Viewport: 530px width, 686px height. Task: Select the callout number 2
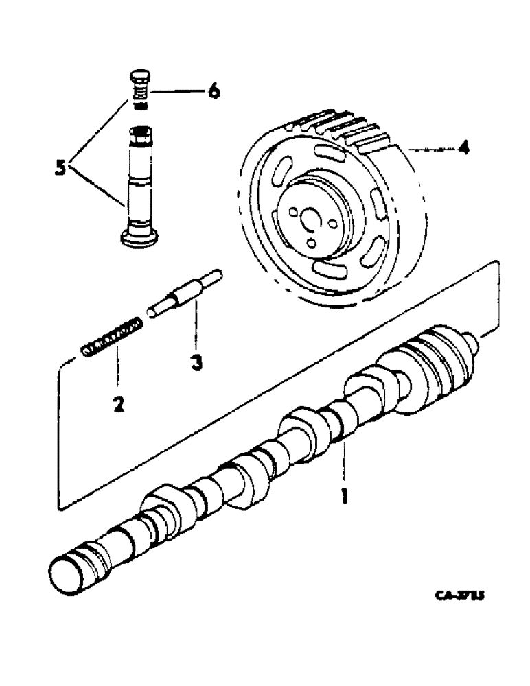(118, 405)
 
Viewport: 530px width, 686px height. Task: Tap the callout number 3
(197, 363)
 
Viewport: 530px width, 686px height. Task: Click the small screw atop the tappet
(141, 86)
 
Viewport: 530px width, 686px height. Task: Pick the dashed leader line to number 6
(174, 91)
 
